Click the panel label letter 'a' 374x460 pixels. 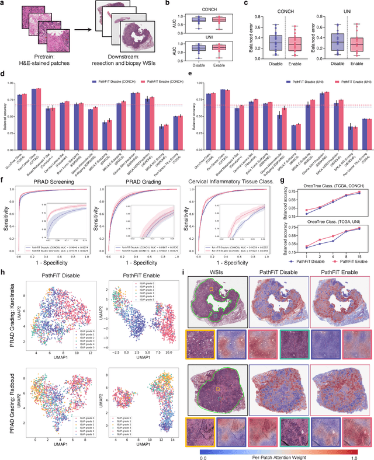point(4,4)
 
